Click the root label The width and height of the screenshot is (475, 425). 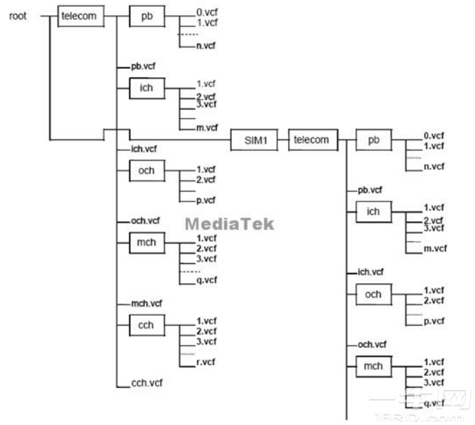coord(18,15)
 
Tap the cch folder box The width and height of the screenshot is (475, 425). coord(146,324)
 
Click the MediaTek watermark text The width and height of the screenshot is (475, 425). coord(229,224)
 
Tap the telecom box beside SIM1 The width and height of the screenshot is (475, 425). coord(310,140)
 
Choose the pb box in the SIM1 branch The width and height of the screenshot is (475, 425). coord(374,140)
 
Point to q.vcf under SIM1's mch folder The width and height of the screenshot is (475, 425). coord(434,404)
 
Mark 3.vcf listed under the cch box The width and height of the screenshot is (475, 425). coord(207,341)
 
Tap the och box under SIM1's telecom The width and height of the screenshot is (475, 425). coord(374,294)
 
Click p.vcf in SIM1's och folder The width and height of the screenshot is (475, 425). coord(434,321)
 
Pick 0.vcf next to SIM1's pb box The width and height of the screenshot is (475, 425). coord(434,136)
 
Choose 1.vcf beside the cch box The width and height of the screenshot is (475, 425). coord(207,320)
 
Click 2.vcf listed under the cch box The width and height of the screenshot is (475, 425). coord(207,331)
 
